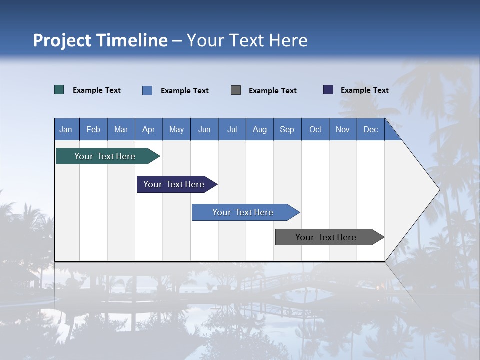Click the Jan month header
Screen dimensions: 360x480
66,129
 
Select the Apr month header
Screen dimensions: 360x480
148,129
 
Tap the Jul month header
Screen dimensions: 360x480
232,129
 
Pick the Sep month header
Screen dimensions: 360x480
287,129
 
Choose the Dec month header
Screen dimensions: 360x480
370,129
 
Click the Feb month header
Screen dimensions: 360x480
93,129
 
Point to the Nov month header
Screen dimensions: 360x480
342,129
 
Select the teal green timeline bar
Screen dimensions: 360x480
105,156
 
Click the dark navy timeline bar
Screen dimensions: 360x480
174,184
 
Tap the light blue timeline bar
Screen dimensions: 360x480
243,212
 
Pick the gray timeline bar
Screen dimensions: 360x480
326,237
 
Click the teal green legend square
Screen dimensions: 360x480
59,90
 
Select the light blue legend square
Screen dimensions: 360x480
147,90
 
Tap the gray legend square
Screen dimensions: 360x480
236,90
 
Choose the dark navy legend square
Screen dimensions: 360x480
328,90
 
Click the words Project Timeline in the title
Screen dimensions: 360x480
100,40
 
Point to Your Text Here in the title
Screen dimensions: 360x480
247,40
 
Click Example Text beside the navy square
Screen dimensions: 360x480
364,90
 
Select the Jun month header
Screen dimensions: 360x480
204,129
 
